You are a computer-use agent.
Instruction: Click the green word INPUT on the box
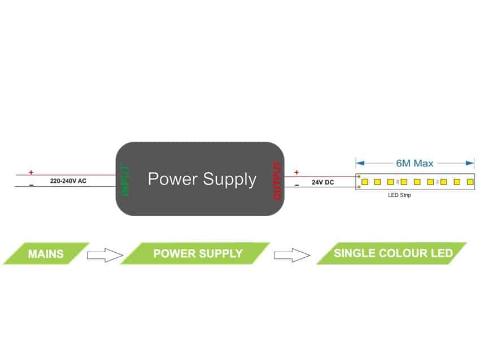(x=125, y=180)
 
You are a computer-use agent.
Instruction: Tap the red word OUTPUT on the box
(x=277, y=181)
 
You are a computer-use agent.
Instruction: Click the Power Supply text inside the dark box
(x=202, y=179)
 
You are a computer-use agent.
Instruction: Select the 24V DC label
(x=323, y=183)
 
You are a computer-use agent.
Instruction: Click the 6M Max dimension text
(x=414, y=164)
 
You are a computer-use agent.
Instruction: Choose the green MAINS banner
(x=46, y=253)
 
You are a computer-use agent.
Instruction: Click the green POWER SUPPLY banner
(x=198, y=253)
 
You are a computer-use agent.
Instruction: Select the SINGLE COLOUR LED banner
(x=392, y=253)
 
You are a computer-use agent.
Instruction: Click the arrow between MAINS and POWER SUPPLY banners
(x=104, y=255)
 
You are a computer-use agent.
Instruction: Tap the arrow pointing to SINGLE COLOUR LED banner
(x=292, y=255)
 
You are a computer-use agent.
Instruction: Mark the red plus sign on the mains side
(x=31, y=173)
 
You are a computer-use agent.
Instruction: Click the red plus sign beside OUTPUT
(x=296, y=172)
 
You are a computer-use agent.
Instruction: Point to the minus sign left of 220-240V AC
(x=31, y=185)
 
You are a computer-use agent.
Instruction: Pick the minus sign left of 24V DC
(x=296, y=185)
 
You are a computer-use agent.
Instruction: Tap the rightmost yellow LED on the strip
(x=470, y=182)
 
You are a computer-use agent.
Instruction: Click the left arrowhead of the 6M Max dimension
(x=358, y=163)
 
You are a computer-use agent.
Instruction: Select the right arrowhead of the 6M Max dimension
(x=472, y=163)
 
